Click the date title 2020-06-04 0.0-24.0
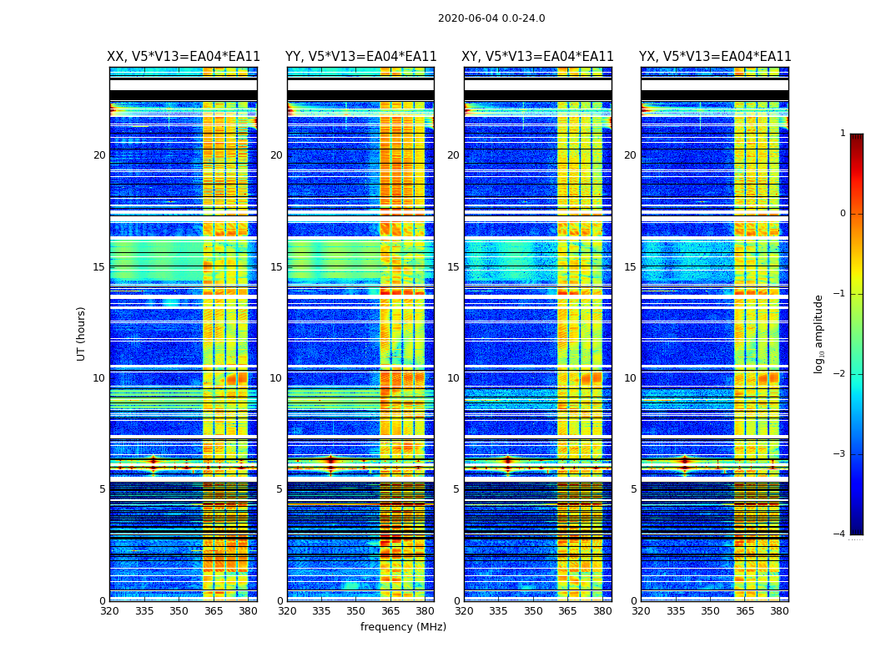tap(491, 18)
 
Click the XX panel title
tap(184, 57)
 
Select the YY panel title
tap(360, 57)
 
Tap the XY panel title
tap(538, 57)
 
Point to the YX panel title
tap(715, 57)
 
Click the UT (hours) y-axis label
tap(81, 333)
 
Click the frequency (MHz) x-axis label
tap(403, 627)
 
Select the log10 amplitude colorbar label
tap(819, 333)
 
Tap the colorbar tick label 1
tap(842, 134)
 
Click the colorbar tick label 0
tap(842, 214)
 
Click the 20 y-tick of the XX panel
tap(99, 155)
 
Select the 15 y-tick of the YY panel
tap(276, 267)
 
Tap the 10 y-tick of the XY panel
tap(453, 378)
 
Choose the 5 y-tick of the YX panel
tap(633, 489)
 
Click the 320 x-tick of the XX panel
tap(109, 611)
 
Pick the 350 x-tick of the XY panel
tap(533, 611)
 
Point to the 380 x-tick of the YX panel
tap(779, 611)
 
